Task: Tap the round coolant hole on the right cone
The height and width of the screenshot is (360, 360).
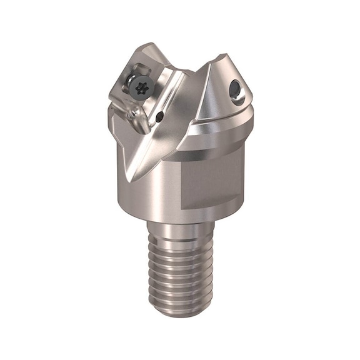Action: tap(237, 87)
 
